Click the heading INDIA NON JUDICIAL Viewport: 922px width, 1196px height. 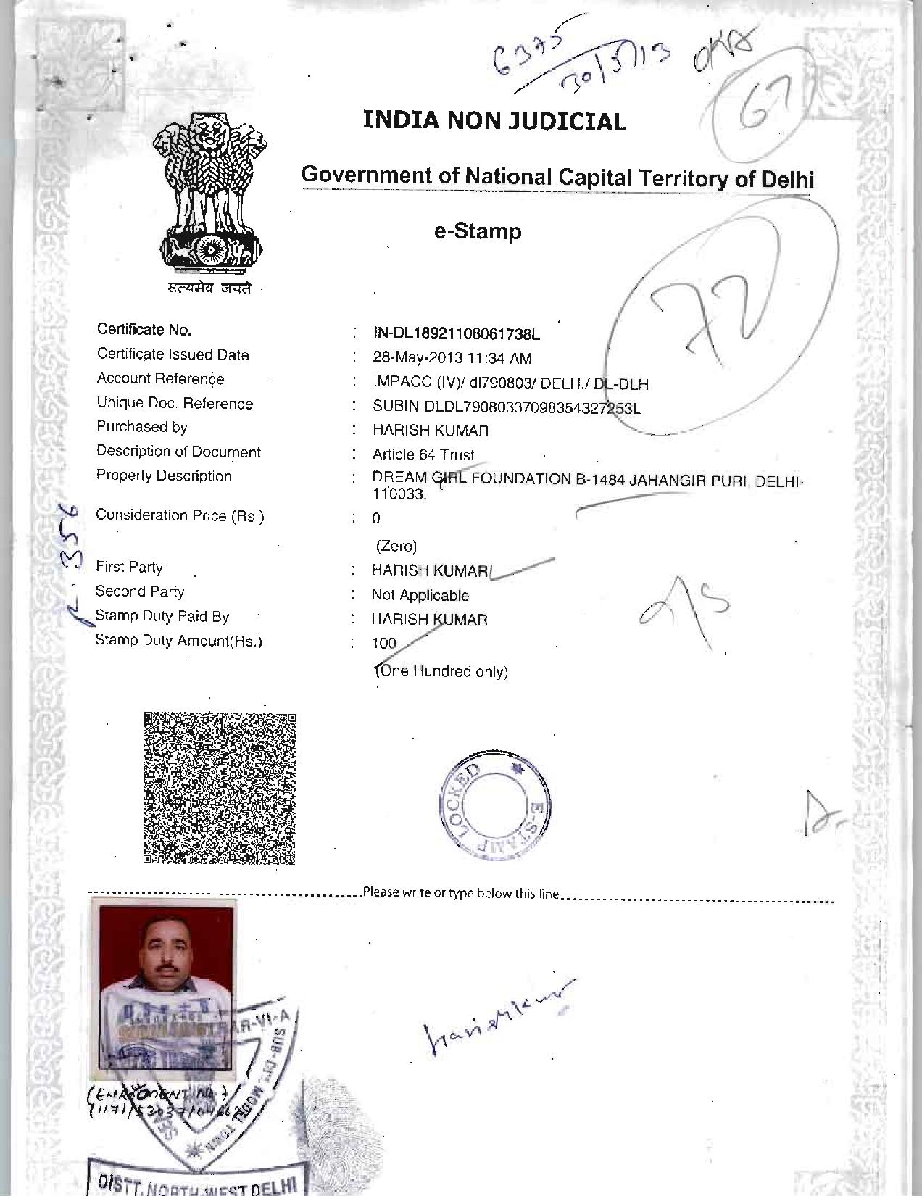pos(494,120)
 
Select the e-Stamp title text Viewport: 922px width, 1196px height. pos(478,232)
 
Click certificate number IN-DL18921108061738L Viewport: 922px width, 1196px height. pos(456,334)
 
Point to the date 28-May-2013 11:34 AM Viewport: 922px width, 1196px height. pos(452,358)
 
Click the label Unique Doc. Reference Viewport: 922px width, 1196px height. pos(175,404)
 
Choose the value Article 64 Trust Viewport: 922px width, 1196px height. pos(423,454)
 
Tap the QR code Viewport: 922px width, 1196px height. pos(220,789)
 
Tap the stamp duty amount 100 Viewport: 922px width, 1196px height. pos(384,643)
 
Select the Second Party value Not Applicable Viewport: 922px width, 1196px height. pos(420,595)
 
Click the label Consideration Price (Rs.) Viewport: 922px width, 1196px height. pos(180,516)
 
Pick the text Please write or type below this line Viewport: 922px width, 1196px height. pos(461,893)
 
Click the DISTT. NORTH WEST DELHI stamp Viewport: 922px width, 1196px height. pos(196,1180)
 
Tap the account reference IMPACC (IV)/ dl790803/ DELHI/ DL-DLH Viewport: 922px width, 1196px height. pos(510,383)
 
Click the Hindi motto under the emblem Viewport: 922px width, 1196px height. pos(208,288)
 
